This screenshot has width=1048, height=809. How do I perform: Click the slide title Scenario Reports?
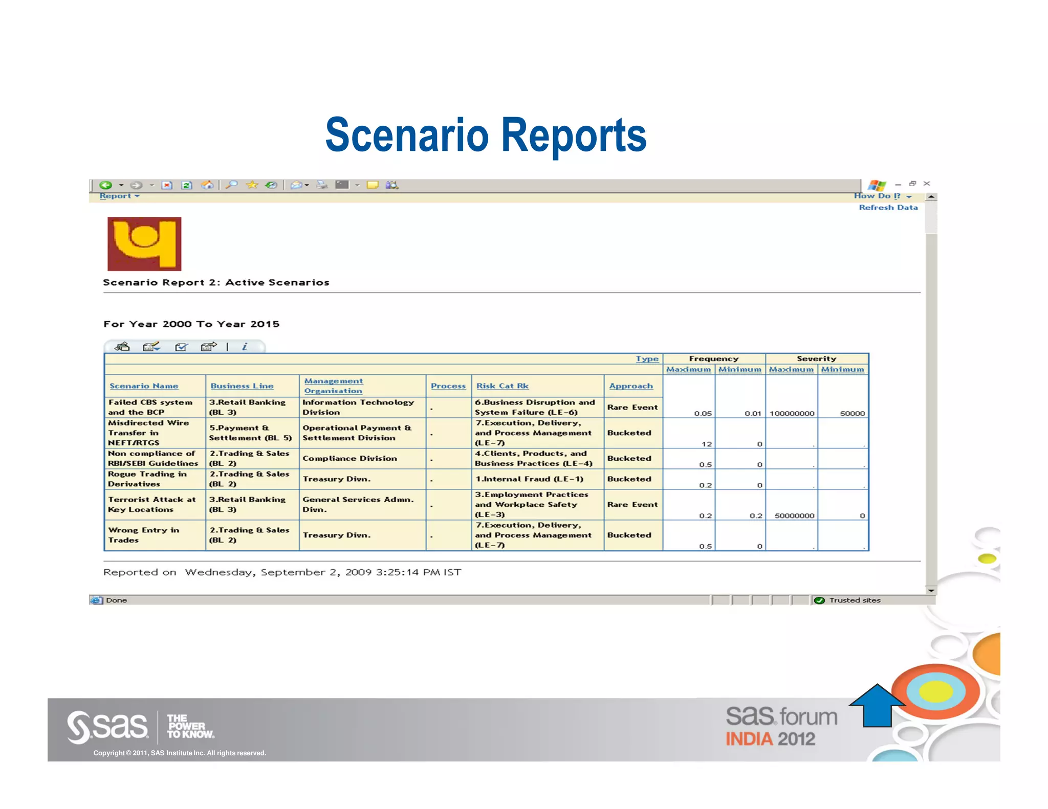pyautogui.click(x=486, y=135)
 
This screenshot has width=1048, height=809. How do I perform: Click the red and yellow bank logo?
pyautogui.click(x=144, y=244)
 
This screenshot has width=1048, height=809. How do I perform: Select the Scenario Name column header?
pyautogui.click(x=144, y=386)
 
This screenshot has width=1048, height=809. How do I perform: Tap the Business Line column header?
pyautogui.click(x=242, y=386)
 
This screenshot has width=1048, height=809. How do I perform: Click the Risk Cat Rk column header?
pyautogui.click(x=502, y=386)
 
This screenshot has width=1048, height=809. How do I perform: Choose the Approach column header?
pyautogui.click(x=631, y=386)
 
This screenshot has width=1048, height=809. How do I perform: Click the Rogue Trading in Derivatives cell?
pyautogui.click(x=147, y=479)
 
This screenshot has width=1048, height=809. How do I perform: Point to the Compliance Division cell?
pyautogui.click(x=350, y=459)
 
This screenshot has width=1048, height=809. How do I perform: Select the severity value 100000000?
pyautogui.click(x=792, y=414)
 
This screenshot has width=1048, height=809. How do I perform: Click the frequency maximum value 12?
pyautogui.click(x=707, y=444)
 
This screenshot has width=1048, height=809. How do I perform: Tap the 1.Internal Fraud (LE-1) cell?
pyautogui.click(x=529, y=479)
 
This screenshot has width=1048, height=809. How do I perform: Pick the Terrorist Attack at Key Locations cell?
pyautogui.click(x=151, y=505)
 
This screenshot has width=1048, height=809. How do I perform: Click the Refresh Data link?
pyautogui.click(x=888, y=208)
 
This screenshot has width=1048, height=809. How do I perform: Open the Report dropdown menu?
pyautogui.click(x=119, y=196)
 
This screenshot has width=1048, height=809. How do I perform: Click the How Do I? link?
pyautogui.click(x=882, y=196)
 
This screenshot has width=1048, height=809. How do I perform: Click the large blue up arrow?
pyautogui.click(x=877, y=705)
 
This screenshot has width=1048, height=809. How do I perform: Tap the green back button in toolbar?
pyautogui.click(x=106, y=185)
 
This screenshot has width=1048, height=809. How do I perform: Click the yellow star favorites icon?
pyautogui.click(x=252, y=185)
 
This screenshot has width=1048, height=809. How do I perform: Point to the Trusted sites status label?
pyautogui.click(x=855, y=600)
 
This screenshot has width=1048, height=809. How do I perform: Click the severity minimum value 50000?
pyautogui.click(x=852, y=414)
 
